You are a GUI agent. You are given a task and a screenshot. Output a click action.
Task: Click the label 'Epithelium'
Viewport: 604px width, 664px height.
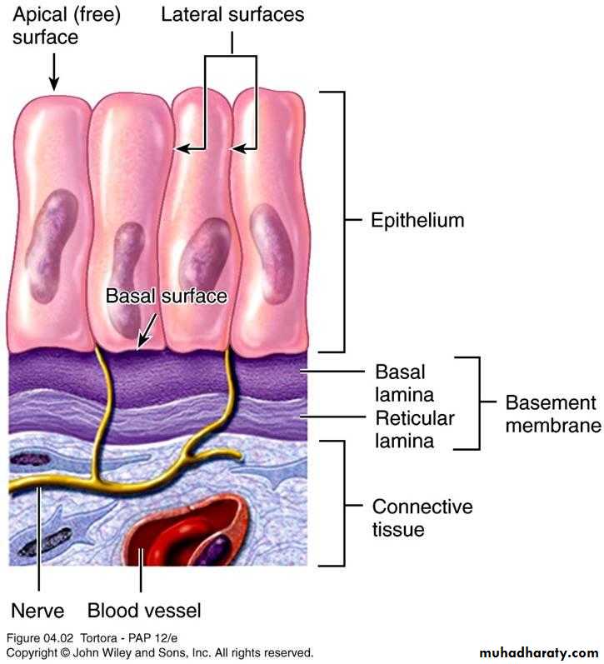click(417, 220)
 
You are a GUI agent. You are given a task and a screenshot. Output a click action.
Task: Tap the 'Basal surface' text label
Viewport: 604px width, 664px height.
click(166, 296)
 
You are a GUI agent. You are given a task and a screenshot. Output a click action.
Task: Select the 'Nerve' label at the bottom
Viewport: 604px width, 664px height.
click(37, 611)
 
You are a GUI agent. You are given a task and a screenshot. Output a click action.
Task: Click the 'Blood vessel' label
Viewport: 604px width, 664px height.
click(144, 611)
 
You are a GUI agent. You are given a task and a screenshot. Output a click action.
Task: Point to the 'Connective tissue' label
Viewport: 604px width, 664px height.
click(422, 518)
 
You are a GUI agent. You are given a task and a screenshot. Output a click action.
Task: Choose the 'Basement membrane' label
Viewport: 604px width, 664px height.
click(553, 414)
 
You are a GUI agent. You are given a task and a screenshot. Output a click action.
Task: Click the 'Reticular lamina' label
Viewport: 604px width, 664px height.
click(415, 429)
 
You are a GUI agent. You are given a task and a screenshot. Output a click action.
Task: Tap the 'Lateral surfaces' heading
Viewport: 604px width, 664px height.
click(232, 14)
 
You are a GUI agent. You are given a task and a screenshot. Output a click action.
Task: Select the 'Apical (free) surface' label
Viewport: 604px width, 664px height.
click(67, 25)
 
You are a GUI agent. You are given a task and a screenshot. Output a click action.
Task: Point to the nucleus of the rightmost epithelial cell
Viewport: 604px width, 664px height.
click(271, 253)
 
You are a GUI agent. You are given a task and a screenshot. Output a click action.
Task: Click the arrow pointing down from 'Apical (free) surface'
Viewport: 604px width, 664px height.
click(54, 72)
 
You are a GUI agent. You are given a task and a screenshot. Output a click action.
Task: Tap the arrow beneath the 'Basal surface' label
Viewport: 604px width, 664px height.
click(147, 332)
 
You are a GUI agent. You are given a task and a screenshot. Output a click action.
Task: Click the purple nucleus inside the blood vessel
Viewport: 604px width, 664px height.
click(217, 549)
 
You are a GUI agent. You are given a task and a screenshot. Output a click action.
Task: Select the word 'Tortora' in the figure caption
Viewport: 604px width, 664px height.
click(98, 638)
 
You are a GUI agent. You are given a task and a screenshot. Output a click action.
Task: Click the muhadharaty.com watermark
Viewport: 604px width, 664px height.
click(539, 652)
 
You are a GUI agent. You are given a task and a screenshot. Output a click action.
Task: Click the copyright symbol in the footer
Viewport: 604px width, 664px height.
click(65, 652)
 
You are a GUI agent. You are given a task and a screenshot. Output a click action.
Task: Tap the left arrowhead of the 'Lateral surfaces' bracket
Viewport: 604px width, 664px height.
click(182, 148)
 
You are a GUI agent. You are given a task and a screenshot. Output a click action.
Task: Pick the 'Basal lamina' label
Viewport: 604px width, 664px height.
click(405, 383)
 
